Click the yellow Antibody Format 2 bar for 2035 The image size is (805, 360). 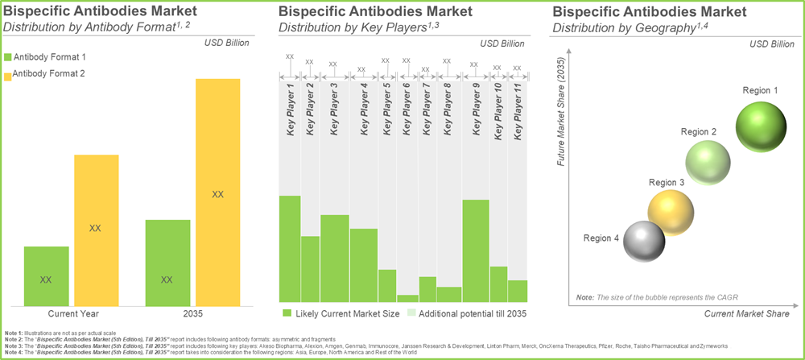[x=217, y=192]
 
